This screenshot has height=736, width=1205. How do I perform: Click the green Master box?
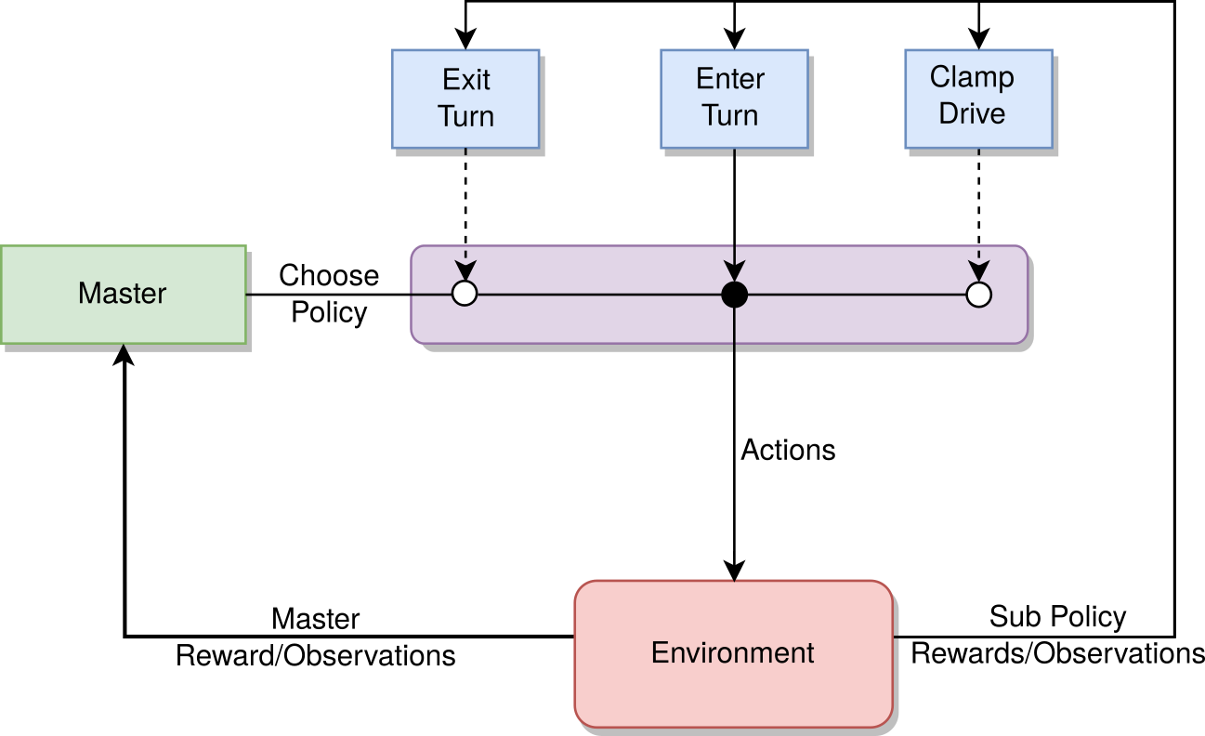pyautogui.click(x=123, y=294)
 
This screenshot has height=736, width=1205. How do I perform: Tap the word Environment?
pyautogui.click(x=732, y=652)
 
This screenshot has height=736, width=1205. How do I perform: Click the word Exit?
pyautogui.click(x=465, y=80)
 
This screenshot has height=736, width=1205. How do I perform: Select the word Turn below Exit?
pyautogui.click(x=465, y=117)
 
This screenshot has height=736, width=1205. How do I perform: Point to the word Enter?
pyautogui.click(x=730, y=79)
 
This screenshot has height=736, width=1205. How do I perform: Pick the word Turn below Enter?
pyautogui.click(x=730, y=116)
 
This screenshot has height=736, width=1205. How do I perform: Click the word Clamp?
pyautogui.click(x=972, y=77)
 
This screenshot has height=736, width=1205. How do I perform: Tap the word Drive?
pyautogui.click(x=972, y=113)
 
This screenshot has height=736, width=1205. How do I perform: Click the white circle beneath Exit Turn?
pyautogui.click(x=465, y=295)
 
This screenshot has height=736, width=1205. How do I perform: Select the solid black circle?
pyautogui.click(x=735, y=295)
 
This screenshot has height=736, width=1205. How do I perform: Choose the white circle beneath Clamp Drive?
pyautogui.click(x=978, y=295)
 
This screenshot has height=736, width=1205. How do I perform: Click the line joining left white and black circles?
pyautogui.click(x=599, y=295)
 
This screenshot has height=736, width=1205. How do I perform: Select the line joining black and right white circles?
pyautogui.click(x=857, y=295)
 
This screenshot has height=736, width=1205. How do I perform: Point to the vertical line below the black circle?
pyautogui.click(x=735, y=325)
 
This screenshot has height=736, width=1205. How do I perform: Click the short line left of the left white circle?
pyautogui.click(x=431, y=295)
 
